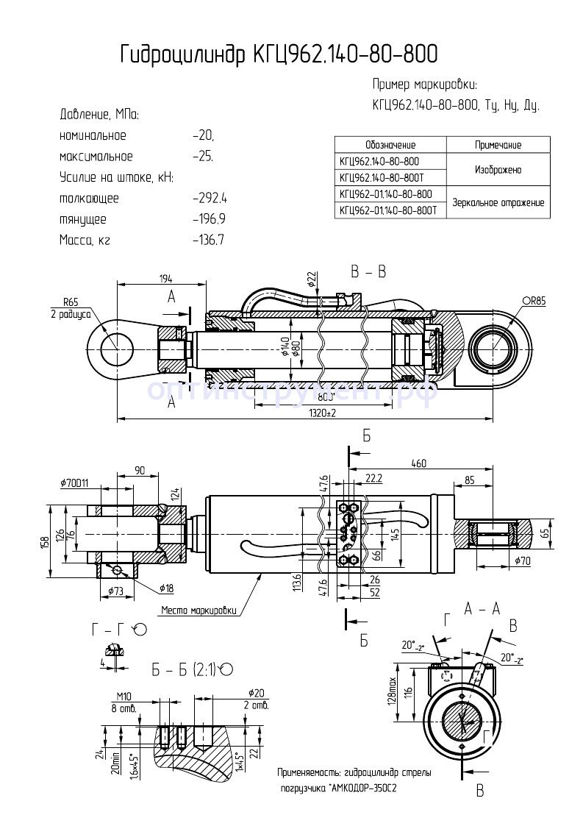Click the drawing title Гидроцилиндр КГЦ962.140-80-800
pyautogui.click(x=279, y=54)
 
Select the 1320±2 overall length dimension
pyautogui.click(x=321, y=413)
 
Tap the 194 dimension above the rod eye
pyautogui.click(x=165, y=278)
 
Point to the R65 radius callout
pyautogui.click(x=71, y=302)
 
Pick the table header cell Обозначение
pyautogui.click(x=390, y=145)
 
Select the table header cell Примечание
pyautogui.click(x=498, y=145)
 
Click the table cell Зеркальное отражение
pyautogui.click(x=498, y=202)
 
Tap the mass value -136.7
pyautogui.click(x=209, y=240)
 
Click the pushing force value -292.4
pyautogui.click(x=210, y=199)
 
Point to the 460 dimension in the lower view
pyautogui.click(x=419, y=463)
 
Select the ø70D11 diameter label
pyautogui.click(x=76, y=483)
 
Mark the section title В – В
pyautogui.click(x=368, y=272)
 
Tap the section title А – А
pyautogui.click(x=482, y=608)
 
